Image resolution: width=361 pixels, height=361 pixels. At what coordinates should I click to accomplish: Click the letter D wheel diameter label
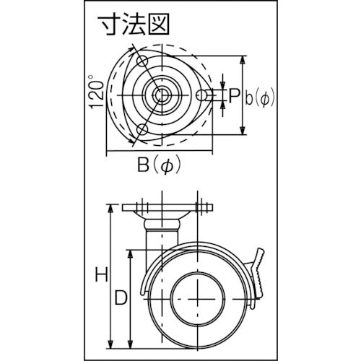122,297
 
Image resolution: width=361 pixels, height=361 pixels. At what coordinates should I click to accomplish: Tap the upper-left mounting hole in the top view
142,60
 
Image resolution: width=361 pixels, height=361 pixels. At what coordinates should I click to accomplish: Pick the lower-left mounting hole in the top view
142,130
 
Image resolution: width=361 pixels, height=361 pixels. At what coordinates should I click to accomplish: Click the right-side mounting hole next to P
205,95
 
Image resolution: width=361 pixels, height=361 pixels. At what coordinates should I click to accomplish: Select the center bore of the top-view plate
157,95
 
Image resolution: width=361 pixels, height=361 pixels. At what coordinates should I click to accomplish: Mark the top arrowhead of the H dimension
110,208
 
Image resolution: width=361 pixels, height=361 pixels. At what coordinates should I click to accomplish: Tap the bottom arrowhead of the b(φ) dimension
243,135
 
